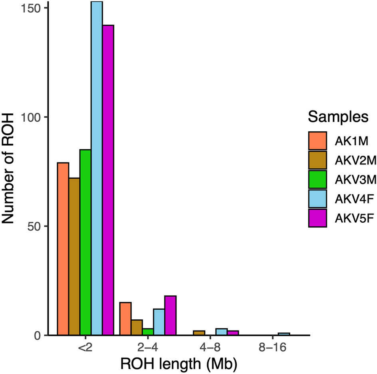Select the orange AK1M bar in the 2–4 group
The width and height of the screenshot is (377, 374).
click(x=125, y=319)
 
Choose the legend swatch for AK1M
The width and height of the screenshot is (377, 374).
click(x=317, y=141)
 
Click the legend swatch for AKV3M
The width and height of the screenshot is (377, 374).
click(x=317, y=179)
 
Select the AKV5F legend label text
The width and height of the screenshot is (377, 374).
click(x=351, y=218)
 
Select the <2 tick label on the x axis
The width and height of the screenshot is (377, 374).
click(x=85, y=348)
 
